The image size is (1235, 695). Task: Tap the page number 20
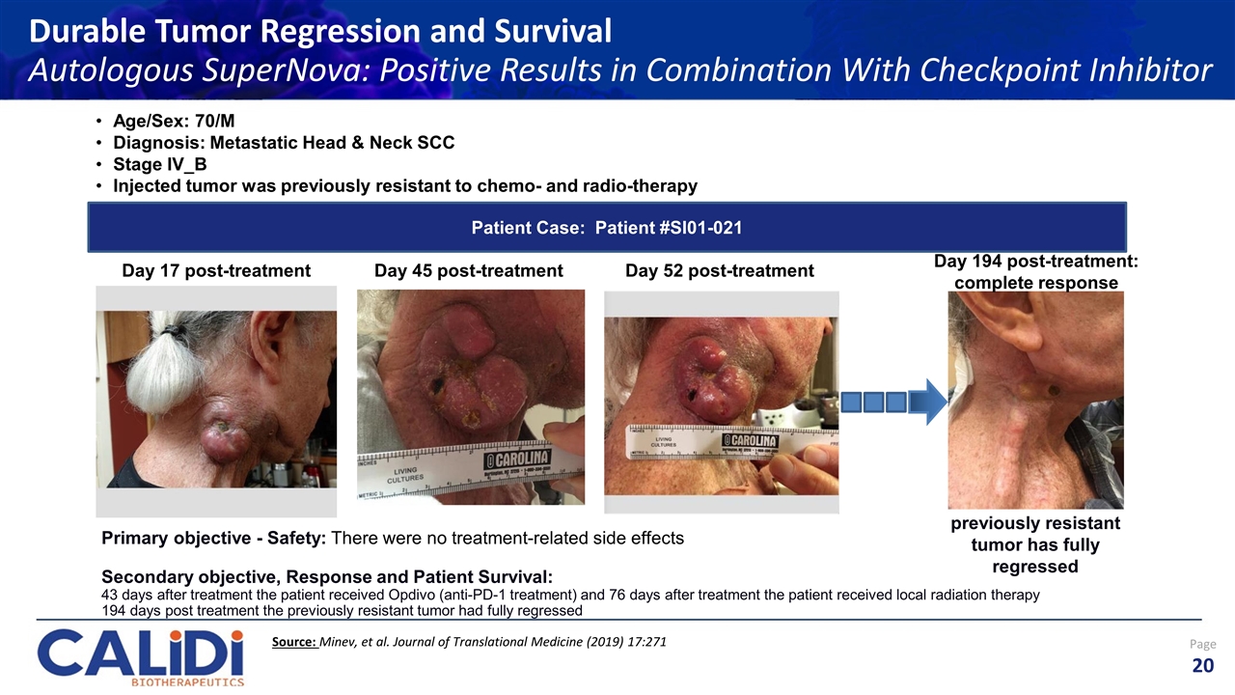pos(1202,665)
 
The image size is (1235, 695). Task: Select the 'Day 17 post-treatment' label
pos(216,271)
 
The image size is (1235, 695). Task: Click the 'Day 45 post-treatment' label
pos(468,271)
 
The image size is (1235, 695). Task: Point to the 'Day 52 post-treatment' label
pos(719,271)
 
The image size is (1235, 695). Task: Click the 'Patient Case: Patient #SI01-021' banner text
pos(606,228)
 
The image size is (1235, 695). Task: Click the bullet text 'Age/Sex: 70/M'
pos(174,123)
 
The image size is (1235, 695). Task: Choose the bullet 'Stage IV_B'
pos(159,164)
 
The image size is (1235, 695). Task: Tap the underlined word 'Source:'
pos(295,642)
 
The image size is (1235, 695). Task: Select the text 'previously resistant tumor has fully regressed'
pos(1035,544)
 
